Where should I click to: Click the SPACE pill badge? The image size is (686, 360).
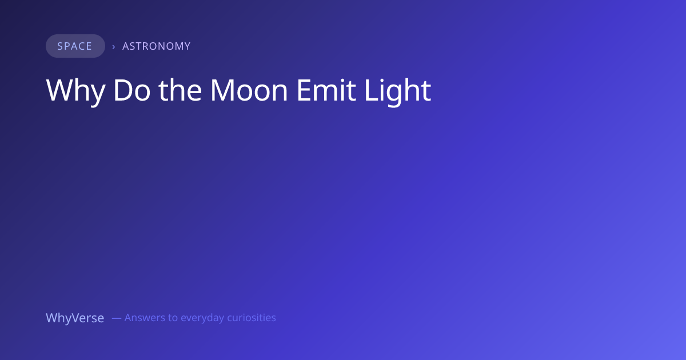[75, 46]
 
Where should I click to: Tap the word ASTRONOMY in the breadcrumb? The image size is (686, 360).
[157, 46]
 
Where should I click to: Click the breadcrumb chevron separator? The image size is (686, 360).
[114, 47]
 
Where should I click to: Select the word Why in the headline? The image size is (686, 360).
[75, 91]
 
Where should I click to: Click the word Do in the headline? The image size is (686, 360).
[131, 90]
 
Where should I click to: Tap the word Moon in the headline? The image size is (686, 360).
[249, 90]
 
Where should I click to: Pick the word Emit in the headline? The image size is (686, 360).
[326, 90]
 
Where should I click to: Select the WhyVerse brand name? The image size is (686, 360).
[75, 318]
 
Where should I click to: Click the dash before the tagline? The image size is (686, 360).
[117, 318]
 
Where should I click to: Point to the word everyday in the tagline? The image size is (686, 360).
[202, 318]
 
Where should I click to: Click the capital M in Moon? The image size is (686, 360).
[222, 90]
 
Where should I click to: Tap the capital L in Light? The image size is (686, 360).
[371, 90]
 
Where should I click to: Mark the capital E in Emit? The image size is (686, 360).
[304, 90]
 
